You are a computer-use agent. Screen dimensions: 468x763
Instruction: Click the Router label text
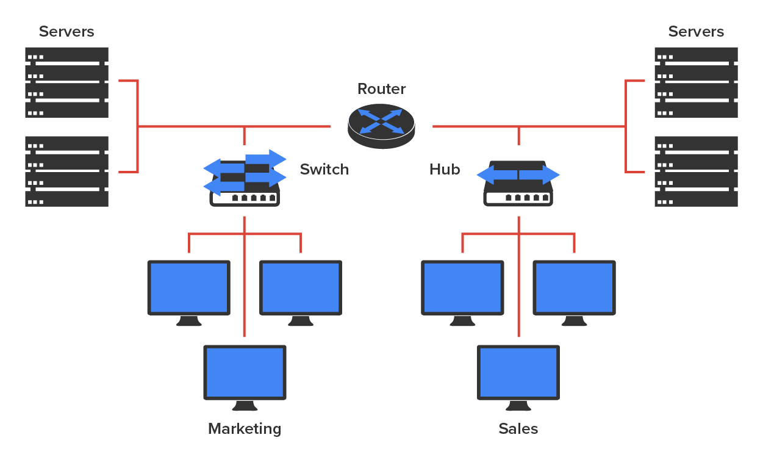click(381, 89)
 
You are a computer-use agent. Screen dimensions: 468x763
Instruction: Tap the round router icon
click(381, 126)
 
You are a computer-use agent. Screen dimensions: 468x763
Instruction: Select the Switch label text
click(324, 170)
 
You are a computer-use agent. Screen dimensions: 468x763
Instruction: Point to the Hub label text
click(444, 170)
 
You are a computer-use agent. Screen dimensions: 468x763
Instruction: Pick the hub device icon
click(518, 182)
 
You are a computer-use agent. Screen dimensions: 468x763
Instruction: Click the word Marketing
click(245, 429)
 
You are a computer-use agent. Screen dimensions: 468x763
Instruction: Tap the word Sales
click(518, 429)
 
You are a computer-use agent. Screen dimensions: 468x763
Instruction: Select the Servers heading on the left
click(66, 32)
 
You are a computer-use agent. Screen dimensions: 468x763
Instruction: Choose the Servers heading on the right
click(696, 32)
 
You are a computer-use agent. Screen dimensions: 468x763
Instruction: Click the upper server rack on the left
click(66, 82)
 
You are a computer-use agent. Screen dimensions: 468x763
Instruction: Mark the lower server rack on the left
click(66, 171)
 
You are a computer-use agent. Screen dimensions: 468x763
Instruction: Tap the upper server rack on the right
click(696, 82)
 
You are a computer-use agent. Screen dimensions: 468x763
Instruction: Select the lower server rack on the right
click(696, 171)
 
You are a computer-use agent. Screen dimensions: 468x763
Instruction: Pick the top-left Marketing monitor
click(189, 287)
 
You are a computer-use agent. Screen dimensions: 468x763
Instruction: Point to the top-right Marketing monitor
click(301, 287)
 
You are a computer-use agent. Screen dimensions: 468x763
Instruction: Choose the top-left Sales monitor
click(463, 287)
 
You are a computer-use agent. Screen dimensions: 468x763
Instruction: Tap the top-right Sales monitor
click(574, 287)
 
